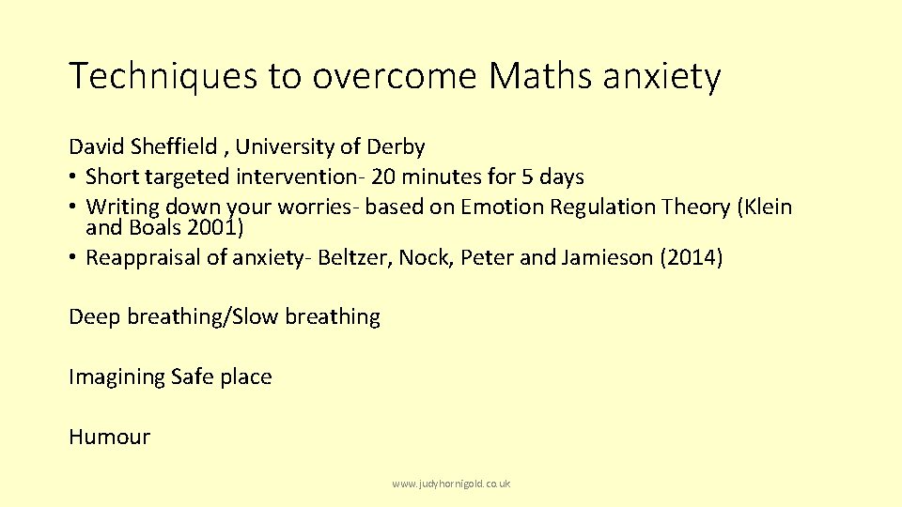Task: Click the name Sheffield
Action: pyautogui.click(x=175, y=147)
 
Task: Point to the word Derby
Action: pyautogui.click(x=396, y=147)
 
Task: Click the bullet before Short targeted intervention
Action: pyautogui.click(x=73, y=177)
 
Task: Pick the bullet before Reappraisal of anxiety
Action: pyautogui.click(x=73, y=258)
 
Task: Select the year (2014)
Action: pyautogui.click(x=692, y=258)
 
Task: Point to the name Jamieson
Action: pyautogui.click(x=607, y=258)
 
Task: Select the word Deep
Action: pyautogui.click(x=95, y=317)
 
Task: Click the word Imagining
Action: pyautogui.click(x=117, y=377)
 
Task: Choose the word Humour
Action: pyautogui.click(x=109, y=438)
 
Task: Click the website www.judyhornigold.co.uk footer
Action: pyautogui.click(x=451, y=484)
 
